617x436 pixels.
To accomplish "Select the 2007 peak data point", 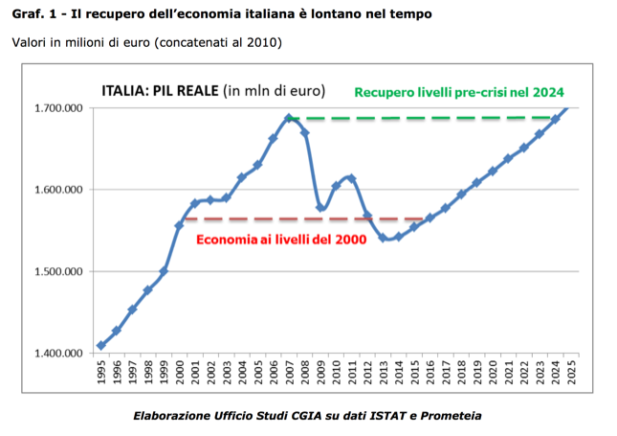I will [x=289, y=119].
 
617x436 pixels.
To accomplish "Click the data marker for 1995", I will [x=101, y=345].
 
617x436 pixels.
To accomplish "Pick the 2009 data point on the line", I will [x=320, y=207].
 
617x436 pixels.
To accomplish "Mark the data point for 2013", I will [x=383, y=238].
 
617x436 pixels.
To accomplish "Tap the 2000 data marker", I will [x=179, y=225].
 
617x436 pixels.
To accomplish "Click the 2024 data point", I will [x=555, y=120].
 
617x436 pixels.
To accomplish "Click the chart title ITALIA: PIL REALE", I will [x=160, y=91].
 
